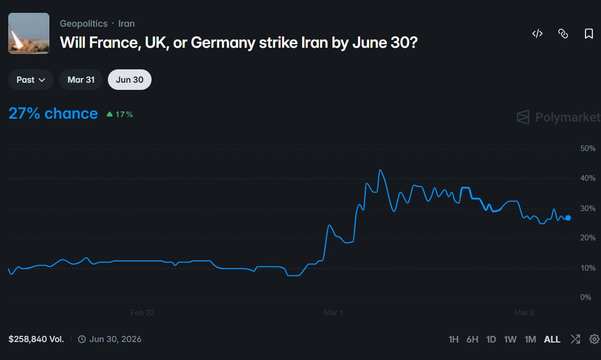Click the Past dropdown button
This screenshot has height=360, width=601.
(x=31, y=80)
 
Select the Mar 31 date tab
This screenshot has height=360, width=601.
(x=81, y=80)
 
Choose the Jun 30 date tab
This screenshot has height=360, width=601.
(x=129, y=80)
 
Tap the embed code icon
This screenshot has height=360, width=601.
(x=537, y=34)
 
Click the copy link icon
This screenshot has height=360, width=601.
(x=563, y=34)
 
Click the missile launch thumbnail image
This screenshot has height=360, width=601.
(x=29, y=33)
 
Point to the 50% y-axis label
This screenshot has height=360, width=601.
(x=587, y=148)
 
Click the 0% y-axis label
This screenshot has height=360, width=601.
(x=585, y=297)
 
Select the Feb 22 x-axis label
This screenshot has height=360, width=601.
(x=142, y=312)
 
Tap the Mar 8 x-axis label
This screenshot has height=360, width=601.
(x=524, y=312)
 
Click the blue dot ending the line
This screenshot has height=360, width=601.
(x=568, y=218)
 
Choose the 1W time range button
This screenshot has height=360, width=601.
(x=510, y=339)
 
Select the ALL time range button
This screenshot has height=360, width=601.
(x=552, y=339)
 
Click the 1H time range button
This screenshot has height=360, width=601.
(x=453, y=339)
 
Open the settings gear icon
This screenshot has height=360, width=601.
(x=594, y=339)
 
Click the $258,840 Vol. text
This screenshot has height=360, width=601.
(x=36, y=339)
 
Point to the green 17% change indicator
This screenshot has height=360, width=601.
(x=120, y=115)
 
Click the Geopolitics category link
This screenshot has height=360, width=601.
(x=84, y=24)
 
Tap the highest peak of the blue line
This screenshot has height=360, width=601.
(x=380, y=170)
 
